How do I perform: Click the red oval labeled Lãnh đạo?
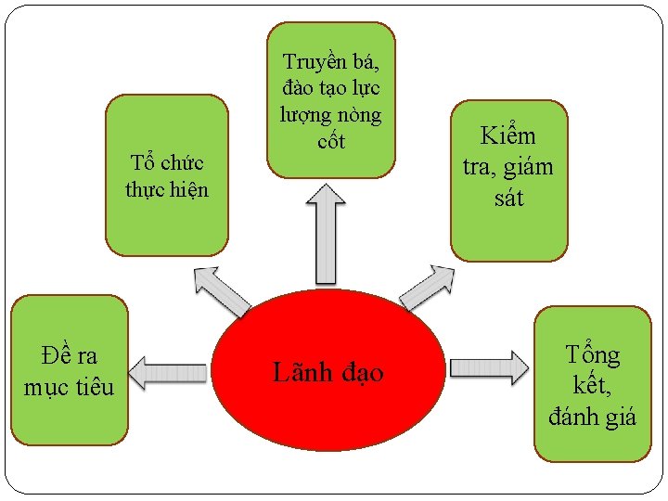(329, 370)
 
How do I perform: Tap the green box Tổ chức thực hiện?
(167, 175)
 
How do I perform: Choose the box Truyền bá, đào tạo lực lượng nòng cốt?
(330, 99)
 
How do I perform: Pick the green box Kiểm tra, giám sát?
(507, 180)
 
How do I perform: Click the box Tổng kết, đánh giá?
(592, 383)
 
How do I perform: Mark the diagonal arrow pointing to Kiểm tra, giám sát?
(429, 289)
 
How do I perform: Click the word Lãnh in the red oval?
(296, 372)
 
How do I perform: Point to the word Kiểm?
(507, 136)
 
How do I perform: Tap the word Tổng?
(593, 354)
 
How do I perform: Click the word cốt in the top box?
(330, 141)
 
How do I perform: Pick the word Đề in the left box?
(57, 354)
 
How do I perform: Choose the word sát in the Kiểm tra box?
(507, 197)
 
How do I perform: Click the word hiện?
(189, 190)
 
